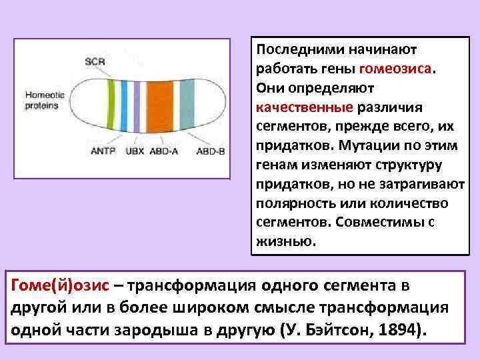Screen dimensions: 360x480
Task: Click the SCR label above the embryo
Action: (95, 62)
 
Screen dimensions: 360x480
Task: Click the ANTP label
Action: (103, 151)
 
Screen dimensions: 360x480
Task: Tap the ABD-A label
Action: (164, 151)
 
